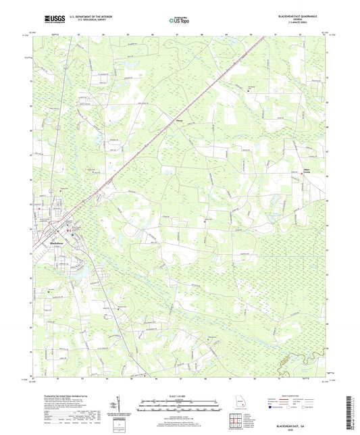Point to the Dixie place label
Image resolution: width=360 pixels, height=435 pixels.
(180, 122)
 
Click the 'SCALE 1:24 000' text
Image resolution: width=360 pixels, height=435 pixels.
(180, 396)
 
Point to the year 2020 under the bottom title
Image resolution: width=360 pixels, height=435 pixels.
(305, 421)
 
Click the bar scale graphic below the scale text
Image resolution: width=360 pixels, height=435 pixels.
(180, 407)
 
